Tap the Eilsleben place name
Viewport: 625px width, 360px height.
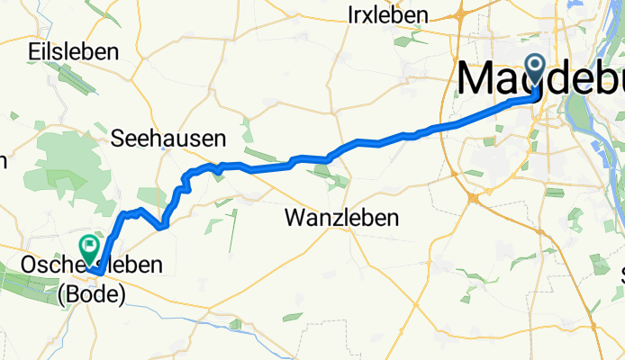click(x=74, y=51)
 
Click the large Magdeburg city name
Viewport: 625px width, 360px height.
click(x=540, y=79)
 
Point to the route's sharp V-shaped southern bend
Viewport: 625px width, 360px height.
click(x=161, y=227)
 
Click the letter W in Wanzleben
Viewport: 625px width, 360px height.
click(x=295, y=217)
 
